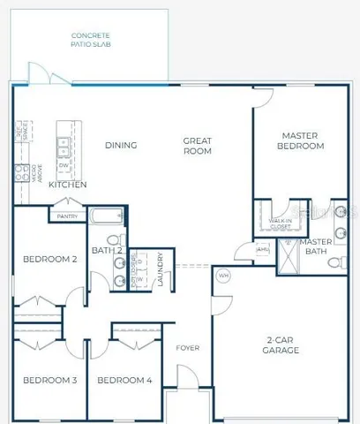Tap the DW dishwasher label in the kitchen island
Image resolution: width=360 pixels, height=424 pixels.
tap(64, 164)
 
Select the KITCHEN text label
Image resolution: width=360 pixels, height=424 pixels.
tap(67, 185)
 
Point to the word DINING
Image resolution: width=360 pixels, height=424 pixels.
tap(120, 146)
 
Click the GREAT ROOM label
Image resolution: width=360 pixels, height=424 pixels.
tap(198, 146)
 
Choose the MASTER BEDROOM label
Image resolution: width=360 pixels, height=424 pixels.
tap(302, 140)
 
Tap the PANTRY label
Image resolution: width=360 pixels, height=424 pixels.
tap(67, 216)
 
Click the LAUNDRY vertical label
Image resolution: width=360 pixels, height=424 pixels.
tap(161, 269)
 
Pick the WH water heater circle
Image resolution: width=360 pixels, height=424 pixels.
tap(223, 275)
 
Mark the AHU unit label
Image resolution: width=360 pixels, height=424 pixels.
tap(262, 249)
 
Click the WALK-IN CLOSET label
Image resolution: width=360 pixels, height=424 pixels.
tap(280, 223)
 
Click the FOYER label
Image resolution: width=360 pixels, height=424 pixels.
tap(186, 347)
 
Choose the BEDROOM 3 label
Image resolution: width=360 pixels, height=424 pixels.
tap(49, 380)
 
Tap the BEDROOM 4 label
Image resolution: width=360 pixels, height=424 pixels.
tap(124, 380)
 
